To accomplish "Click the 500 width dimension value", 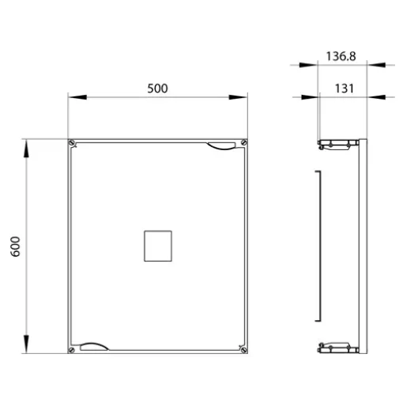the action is click(157, 89).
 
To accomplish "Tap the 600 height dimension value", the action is click(15, 247).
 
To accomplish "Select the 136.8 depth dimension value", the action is click(341, 56).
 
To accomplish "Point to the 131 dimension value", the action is click(345, 89).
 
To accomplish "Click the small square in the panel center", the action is click(158, 246).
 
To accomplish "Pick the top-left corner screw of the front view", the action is click(71, 143).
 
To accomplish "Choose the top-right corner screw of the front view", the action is click(244, 143).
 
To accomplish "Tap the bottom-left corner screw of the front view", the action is click(71, 350).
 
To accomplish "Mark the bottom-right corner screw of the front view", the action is click(244, 350).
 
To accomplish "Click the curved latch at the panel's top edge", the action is click(221, 146).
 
